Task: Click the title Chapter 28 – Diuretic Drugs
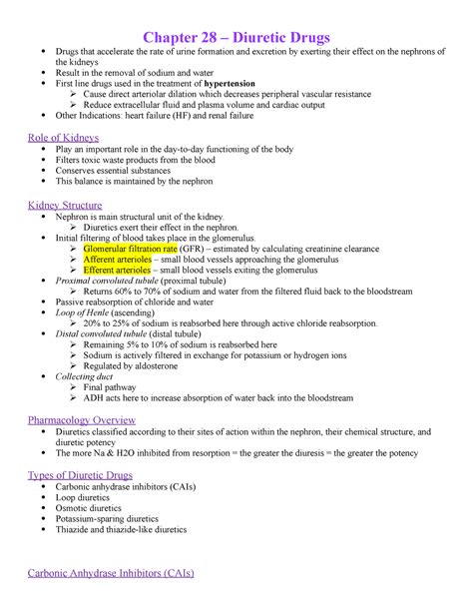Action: click(x=236, y=12)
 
